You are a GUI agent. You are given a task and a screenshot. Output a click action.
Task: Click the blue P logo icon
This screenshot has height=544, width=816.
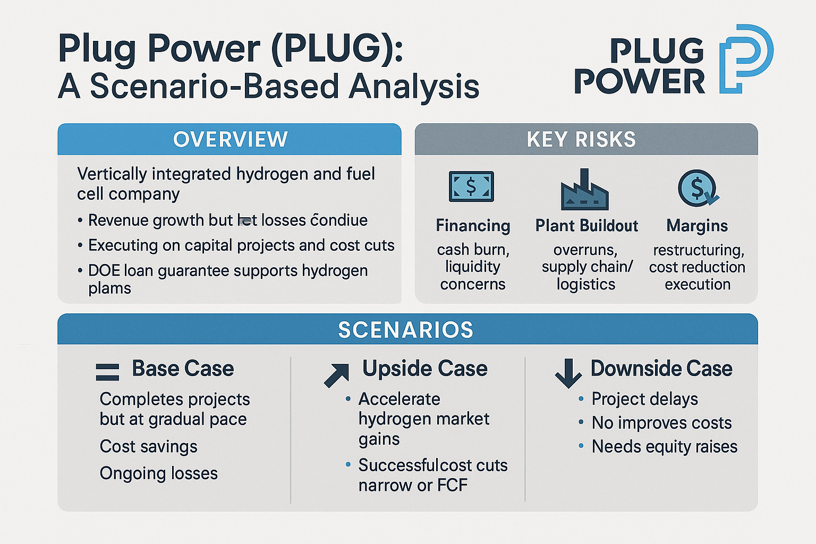click(745, 58)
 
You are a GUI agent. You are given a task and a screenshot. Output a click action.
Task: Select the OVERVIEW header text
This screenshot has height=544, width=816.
click(231, 139)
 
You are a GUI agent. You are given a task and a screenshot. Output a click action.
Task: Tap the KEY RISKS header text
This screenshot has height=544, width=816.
click(581, 139)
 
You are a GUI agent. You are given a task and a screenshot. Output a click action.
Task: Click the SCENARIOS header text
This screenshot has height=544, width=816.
click(406, 330)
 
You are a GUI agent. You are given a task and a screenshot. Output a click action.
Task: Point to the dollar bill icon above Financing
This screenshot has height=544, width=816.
click(471, 186)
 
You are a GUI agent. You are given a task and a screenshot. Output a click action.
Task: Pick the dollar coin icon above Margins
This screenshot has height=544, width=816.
click(698, 188)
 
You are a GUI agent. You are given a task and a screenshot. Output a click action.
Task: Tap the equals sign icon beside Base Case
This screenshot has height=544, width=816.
click(107, 371)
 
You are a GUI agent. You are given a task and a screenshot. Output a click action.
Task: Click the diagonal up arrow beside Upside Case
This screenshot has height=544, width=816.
click(337, 375)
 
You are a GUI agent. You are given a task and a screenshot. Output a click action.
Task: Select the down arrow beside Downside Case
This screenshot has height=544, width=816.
click(568, 372)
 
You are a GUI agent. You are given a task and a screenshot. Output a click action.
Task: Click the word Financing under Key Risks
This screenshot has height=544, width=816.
click(473, 226)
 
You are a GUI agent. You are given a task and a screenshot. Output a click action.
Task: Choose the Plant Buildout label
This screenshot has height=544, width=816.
click(586, 226)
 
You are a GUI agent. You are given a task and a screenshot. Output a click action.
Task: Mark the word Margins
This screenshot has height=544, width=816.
click(697, 226)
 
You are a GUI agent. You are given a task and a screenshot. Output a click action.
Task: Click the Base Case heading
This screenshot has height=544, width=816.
click(183, 368)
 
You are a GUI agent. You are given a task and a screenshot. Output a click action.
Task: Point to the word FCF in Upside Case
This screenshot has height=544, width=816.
click(452, 485)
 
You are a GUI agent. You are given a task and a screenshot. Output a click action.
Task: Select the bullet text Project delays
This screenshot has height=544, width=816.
click(644, 398)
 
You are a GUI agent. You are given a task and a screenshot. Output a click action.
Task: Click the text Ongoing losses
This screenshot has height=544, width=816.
click(158, 473)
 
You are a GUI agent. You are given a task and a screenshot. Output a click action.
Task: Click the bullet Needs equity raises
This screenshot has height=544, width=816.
click(664, 446)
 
